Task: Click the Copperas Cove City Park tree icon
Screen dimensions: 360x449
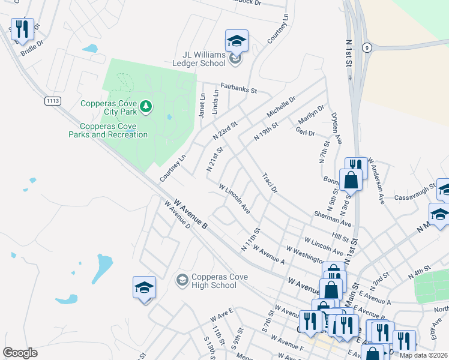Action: [145, 107]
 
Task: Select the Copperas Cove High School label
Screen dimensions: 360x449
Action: [214, 281]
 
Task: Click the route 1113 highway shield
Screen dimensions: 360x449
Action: [52, 101]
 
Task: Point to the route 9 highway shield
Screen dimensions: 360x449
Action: [367, 47]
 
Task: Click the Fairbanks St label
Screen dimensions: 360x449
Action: [238, 88]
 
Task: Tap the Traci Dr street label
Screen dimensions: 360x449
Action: [270, 183]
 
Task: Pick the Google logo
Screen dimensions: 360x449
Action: [20, 352]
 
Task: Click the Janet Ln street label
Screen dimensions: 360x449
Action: [202, 106]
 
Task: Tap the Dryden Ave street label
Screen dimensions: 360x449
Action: [336, 129]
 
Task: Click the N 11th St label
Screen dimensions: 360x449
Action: [250, 239]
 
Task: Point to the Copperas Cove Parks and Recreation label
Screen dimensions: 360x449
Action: [113, 130]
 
